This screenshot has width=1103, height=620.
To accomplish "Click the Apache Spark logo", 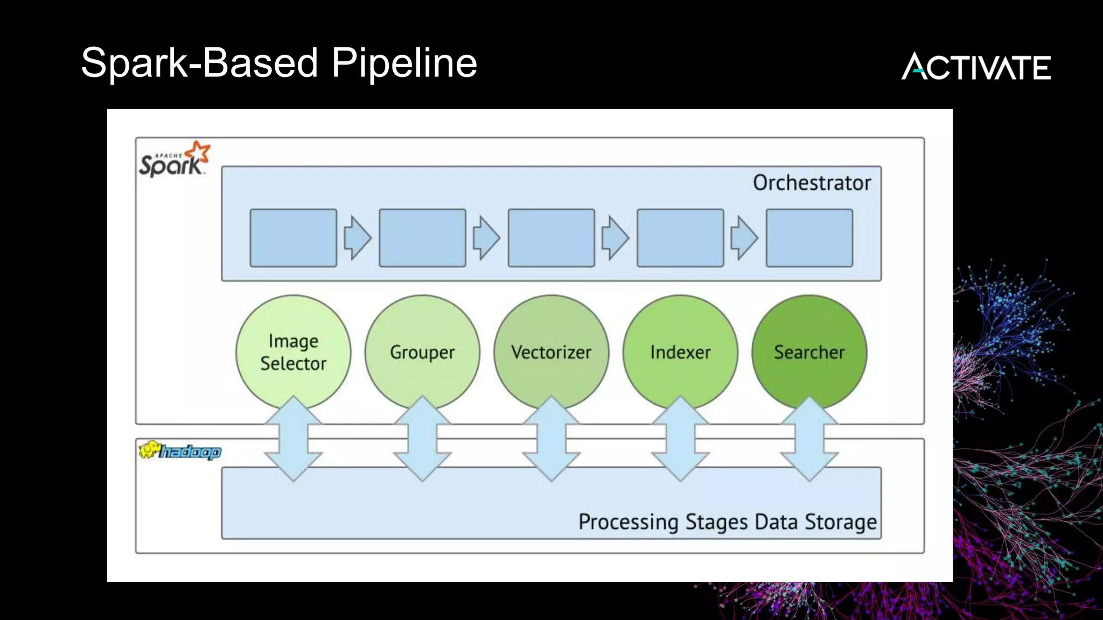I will [174, 160].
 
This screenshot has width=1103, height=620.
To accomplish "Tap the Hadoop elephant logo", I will [179, 450].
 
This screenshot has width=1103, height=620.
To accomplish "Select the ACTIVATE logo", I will [976, 66].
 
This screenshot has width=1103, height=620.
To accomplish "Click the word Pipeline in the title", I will [404, 64].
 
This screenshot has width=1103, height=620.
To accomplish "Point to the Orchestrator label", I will [811, 183].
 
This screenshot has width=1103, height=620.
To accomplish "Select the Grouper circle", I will [422, 352].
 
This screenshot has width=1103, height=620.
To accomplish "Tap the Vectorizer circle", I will [551, 352].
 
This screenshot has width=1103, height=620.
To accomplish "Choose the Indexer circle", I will [680, 352].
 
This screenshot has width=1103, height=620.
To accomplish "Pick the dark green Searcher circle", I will [809, 352].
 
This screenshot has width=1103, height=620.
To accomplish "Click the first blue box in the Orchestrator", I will [293, 238].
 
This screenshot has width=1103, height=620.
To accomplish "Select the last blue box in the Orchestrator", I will [809, 238].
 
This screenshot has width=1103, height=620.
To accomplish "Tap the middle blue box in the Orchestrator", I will [551, 238].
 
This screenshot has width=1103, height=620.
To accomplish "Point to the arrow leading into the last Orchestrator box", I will [744, 238].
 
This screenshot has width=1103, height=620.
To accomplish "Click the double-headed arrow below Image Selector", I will [293, 439].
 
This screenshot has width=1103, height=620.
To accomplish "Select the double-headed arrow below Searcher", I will [809, 439].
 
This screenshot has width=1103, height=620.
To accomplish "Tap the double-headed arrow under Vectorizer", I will [551, 439].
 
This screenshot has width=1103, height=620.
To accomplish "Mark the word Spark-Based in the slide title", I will [199, 64].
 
